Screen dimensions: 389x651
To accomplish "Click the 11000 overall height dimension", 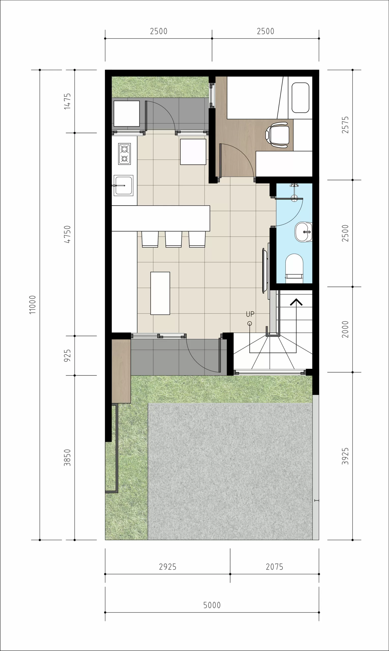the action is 32,305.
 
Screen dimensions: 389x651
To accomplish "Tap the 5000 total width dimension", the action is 212,605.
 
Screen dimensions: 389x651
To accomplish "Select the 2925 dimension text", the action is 168,567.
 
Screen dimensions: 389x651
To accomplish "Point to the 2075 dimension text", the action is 275,567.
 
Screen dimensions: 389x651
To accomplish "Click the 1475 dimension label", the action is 67,101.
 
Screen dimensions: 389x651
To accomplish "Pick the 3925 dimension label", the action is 345,456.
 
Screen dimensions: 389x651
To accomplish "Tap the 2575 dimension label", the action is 345,125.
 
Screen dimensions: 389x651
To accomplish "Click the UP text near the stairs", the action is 250,314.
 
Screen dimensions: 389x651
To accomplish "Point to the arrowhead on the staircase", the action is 296,302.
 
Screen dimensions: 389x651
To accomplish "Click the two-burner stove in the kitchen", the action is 124,154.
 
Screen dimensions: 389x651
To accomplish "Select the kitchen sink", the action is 123,185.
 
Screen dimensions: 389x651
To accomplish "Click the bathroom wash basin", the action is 304,232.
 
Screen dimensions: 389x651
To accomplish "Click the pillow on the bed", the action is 300,98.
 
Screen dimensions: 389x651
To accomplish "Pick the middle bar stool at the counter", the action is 174,239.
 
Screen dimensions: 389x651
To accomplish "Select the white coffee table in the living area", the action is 160,293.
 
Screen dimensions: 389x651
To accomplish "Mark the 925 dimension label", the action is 67,356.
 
